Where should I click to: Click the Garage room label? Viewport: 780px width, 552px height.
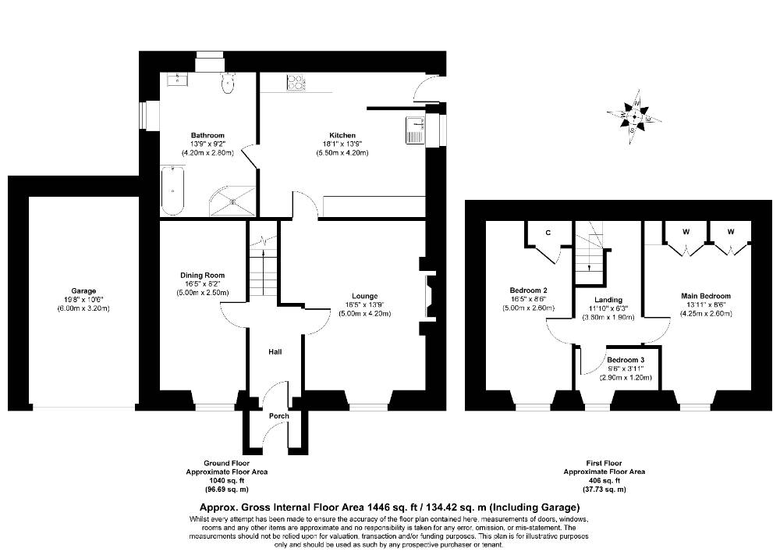(x=83, y=291)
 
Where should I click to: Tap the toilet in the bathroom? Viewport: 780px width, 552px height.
(x=227, y=83)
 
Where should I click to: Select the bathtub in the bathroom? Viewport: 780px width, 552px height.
(x=172, y=191)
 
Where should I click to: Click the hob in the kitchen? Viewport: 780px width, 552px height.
(x=295, y=83)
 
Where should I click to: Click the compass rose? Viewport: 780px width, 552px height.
(x=633, y=117)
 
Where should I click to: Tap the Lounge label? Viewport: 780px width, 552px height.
(x=364, y=296)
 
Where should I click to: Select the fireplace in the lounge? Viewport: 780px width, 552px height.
(x=429, y=297)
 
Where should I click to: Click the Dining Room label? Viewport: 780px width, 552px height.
(x=203, y=276)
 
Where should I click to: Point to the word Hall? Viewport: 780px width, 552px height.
(x=275, y=352)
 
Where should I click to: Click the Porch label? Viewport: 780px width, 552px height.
(x=279, y=416)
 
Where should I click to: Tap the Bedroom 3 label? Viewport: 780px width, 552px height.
(x=626, y=360)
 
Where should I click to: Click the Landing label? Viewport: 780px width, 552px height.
(x=608, y=300)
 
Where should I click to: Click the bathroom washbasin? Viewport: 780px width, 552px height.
(x=177, y=79)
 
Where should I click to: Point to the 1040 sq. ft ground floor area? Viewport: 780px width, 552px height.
(x=227, y=480)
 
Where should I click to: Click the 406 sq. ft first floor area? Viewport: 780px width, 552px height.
(x=604, y=480)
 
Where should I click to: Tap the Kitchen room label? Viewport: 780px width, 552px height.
(x=342, y=135)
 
